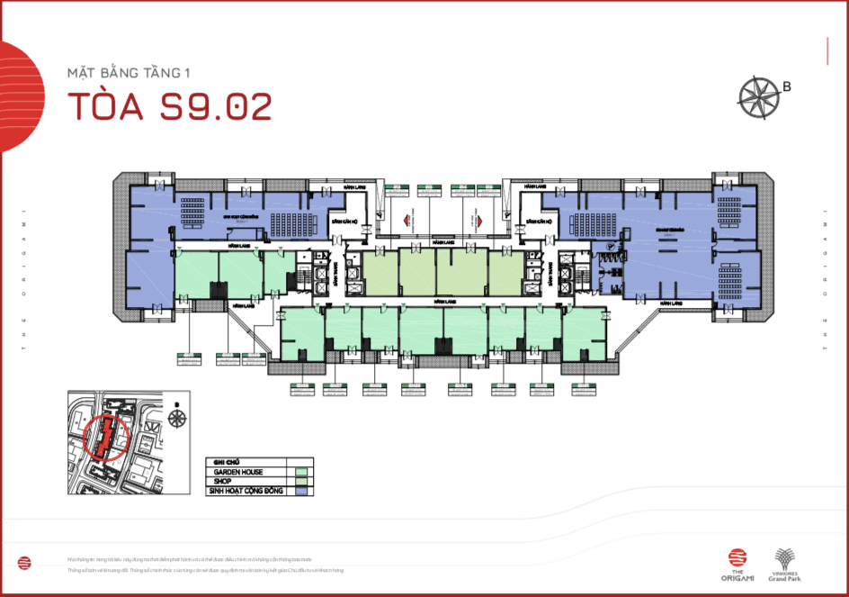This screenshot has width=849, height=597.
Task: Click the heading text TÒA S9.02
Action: (170, 106)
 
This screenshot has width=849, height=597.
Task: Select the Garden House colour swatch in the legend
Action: (302, 471)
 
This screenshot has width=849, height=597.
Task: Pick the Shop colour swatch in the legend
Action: (302, 481)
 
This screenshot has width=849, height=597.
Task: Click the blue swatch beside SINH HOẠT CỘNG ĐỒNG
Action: (302, 491)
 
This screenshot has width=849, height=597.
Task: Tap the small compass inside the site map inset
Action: (176, 419)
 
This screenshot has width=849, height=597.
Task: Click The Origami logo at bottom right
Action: (737, 562)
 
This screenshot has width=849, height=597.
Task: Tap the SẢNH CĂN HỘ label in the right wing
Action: (537, 221)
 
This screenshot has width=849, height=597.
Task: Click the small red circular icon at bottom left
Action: (24, 563)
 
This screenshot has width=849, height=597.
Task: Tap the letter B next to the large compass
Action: (787, 87)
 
